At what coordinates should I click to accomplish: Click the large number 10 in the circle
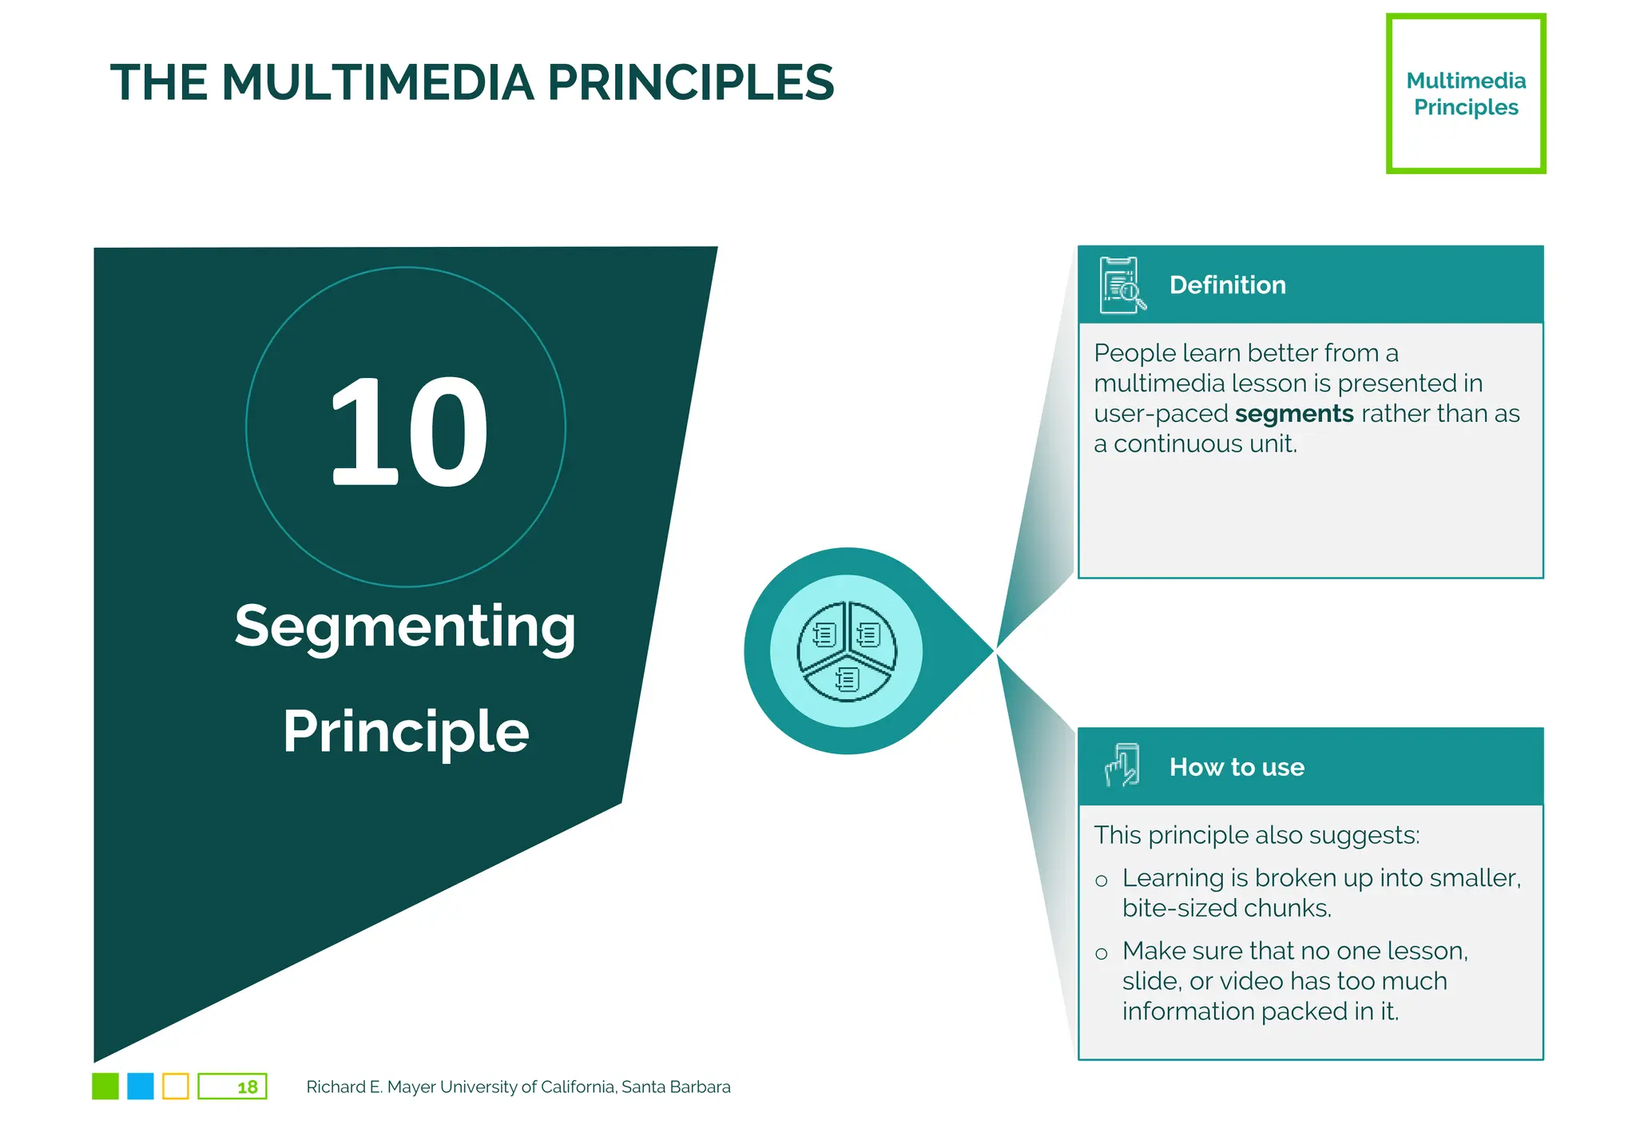point(407,431)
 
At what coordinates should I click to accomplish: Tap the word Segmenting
point(405,627)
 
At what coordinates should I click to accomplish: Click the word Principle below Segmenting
point(406,731)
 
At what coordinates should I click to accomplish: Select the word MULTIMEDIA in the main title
point(378,82)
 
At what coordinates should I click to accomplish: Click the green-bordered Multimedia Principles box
point(1465,93)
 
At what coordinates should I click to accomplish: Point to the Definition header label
point(1227,285)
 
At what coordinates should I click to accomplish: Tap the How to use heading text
point(1236,767)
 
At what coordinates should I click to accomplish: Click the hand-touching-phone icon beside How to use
point(1122,765)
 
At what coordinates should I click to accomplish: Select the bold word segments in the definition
point(1293,414)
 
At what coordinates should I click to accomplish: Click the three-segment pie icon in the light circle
point(847,651)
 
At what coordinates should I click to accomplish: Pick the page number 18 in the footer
point(247,1087)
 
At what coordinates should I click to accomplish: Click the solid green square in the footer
point(105,1087)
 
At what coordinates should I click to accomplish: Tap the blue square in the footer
point(141,1087)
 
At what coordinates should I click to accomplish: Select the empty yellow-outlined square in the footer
point(176,1087)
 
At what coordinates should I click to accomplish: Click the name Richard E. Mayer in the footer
point(344,1087)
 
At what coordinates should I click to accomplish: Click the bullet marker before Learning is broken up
point(1102,881)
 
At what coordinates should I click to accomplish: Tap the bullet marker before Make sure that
point(1102,954)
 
